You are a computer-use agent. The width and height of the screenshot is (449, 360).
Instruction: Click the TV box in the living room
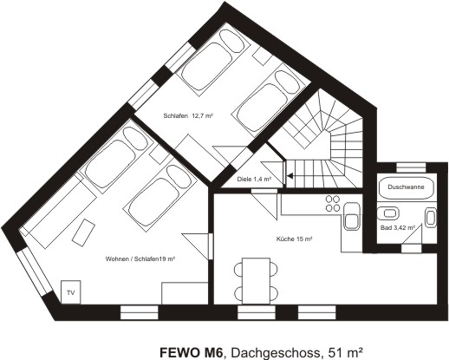coord(70,291)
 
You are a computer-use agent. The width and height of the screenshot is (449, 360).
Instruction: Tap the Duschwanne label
coord(406,187)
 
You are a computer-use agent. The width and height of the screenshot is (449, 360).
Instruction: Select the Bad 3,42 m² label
coord(398,228)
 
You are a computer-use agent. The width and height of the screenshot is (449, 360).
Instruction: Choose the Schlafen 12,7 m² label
coord(187,115)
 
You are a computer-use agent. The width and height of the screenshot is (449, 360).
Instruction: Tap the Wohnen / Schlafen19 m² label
coord(140,258)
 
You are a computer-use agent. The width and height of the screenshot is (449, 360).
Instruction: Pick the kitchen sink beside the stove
coord(353,219)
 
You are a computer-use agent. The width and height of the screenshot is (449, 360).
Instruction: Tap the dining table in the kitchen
coord(257,278)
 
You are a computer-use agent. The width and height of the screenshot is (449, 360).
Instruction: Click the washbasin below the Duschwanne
coord(392,212)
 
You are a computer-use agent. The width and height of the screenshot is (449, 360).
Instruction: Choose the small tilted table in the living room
coord(84,231)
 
